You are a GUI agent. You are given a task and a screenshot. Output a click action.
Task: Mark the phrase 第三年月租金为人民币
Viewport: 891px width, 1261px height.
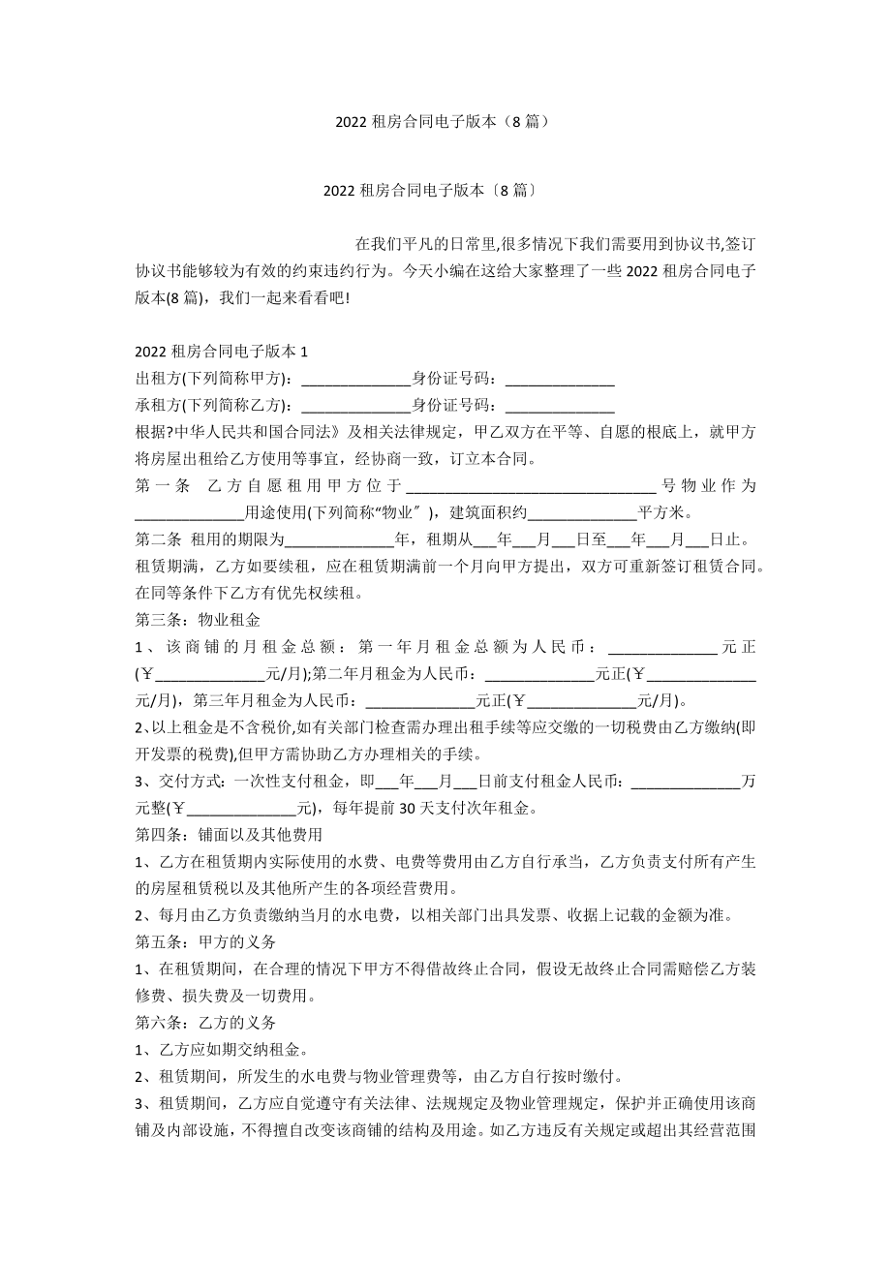(x=279, y=699)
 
